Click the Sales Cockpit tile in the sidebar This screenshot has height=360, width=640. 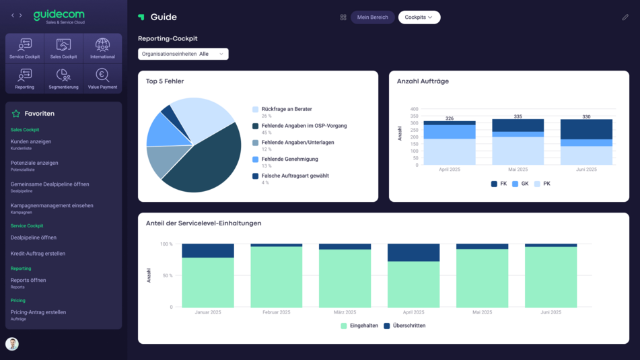64,48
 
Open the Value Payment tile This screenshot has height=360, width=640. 102,78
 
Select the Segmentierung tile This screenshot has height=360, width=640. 64,78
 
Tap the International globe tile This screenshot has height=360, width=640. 102,48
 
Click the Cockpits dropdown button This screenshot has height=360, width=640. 419,17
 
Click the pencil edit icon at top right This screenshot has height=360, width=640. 625,17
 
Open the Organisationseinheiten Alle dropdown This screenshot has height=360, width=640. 183,54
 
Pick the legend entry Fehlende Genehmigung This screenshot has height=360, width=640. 289,159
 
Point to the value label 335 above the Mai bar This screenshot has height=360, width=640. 518,116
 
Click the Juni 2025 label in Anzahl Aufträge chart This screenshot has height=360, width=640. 586,170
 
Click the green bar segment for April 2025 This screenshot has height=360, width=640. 414,284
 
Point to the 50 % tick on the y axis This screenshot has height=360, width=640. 166,276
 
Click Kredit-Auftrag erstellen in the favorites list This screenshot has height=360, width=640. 38,254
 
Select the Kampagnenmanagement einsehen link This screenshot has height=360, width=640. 52,205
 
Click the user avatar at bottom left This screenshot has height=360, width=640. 12,344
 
